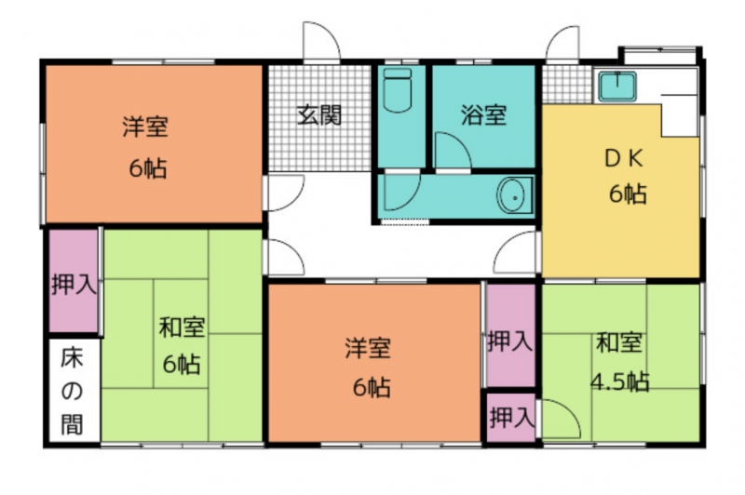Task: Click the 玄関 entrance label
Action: click(x=319, y=114)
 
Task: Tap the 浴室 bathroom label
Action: click(x=483, y=114)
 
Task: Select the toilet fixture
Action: click(x=398, y=90)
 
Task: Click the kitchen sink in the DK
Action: click(x=617, y=87)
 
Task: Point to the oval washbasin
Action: click(x=514, y=195)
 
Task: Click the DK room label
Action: click(x=624, y=158)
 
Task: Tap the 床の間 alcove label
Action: click(x=73, y=392)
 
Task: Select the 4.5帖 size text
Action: click(x=620, y=381)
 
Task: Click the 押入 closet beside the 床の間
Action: click(x=74, y=281)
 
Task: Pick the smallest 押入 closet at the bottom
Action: click(x=511, y=418)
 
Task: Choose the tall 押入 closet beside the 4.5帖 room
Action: click(x=510, y=335)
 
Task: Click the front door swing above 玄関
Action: click(x=322, y=42)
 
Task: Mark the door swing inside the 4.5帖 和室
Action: click(x=561, y=419)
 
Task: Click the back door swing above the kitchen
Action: click(x=563, y=44)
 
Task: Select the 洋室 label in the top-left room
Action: click(x=145, y=127)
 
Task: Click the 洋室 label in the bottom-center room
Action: click(x=368, y=347)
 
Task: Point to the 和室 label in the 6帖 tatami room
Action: click(x=182, y=327)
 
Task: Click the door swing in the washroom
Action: click(x=402, y=193)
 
